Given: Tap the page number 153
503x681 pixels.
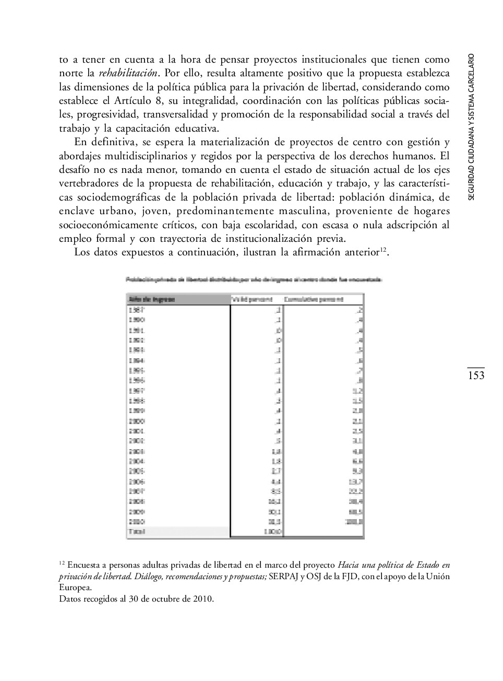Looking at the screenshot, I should coord(476,375).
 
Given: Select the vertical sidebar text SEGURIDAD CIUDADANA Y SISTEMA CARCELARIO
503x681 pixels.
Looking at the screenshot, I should coord(471,126).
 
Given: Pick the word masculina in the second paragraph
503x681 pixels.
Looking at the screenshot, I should coord(302,211).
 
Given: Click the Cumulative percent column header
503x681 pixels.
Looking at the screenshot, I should coord(314,299).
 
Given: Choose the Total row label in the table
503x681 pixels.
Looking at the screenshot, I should coord(136,532).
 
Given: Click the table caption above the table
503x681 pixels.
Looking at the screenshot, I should coord(254,279).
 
